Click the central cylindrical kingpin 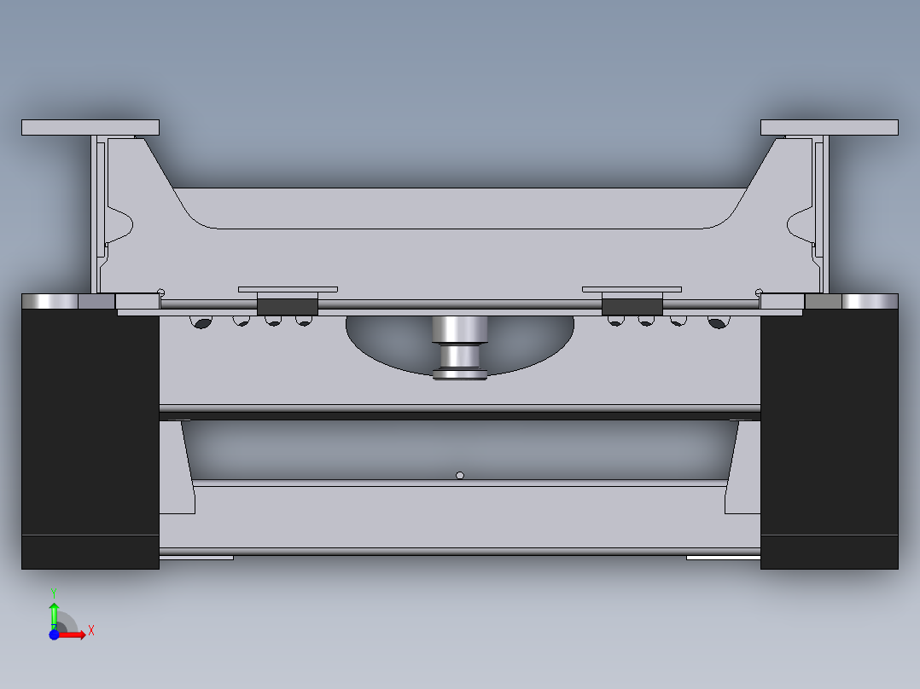click(x=459, y=341)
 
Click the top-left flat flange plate click(x=90, y=127)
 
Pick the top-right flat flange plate click(x=829, y=127)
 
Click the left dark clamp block click(x=287, y=306)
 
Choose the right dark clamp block click(x=632, y=306)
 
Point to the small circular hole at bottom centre click(x=460, y=475)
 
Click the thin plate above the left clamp click(x=288, y=290)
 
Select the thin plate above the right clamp click(x=632, y=290)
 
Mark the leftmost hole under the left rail click(x=202, y=322)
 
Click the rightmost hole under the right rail click(x=716, y=322)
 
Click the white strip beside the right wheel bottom click(x=723, y=558)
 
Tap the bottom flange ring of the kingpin click(x=459, y=373)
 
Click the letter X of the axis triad click(x=91, y=631)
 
